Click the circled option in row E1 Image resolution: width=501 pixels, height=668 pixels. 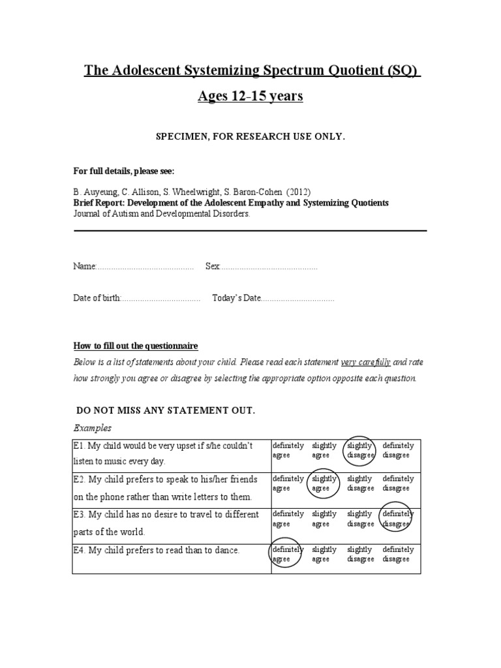click(x=360, y=450)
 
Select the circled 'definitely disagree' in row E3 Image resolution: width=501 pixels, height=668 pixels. click(x=397, y=519)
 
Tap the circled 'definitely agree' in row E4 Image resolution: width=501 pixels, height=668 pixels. click(x=287, y=554)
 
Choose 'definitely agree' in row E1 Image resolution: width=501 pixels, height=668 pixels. click(x=287, y=450)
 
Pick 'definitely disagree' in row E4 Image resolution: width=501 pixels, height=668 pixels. click(x=397, y=554)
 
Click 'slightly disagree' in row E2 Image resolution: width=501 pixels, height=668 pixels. click(x=360, y=483)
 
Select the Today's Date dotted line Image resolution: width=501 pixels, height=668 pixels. click(x=297, y=298)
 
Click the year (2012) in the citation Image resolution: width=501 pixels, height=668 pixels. click(x=297, y=192)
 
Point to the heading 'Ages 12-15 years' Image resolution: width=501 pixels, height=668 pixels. click(x=250, y=97)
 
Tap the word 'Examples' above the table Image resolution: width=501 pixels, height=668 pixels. click(x=92, y=428)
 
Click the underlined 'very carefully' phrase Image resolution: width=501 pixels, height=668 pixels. click(x=365, y=362)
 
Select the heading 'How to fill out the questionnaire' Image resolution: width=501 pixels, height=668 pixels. click(x=135, y=345)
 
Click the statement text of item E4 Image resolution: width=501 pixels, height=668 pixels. click(x=157, y=550)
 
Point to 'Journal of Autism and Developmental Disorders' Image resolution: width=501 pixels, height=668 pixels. click(x=161, y=213)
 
